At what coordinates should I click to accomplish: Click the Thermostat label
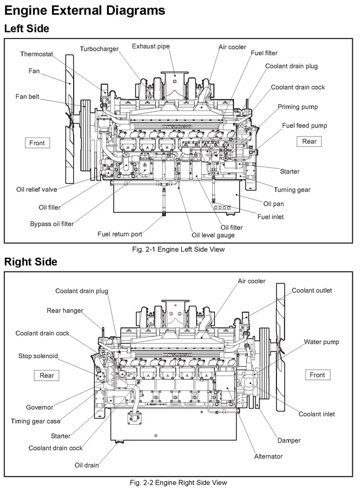37,54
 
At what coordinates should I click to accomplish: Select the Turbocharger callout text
99,49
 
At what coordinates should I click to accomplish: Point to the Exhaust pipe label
151,46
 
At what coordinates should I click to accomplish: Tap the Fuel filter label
264,53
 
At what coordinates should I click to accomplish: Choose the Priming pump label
297,107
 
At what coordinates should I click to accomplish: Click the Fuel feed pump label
304,125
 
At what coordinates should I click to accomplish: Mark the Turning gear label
292,190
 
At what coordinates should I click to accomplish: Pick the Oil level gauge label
213,235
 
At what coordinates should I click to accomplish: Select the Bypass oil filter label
52,224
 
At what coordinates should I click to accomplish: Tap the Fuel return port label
120,234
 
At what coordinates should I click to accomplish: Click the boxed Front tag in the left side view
37,143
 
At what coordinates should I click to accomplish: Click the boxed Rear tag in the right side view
47,376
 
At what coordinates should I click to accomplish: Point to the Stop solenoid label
38,356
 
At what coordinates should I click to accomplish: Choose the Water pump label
322,342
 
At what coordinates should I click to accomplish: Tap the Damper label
289,441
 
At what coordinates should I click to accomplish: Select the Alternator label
268,457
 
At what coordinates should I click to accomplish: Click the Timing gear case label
36,421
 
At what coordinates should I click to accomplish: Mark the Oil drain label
87,465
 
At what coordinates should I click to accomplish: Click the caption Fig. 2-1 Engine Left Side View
179,249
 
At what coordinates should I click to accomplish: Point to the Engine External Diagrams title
85,10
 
